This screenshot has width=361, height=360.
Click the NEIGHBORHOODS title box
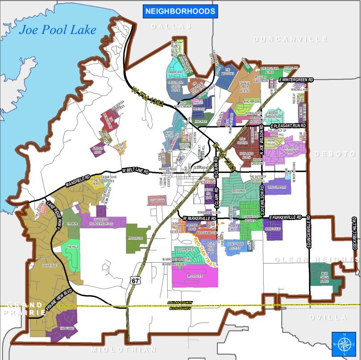(x=180, y=12)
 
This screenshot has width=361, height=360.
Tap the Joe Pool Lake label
(x=58, y=30)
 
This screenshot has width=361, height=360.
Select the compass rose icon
(x=344, y=344)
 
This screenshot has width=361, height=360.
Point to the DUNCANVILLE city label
(x=290, y=39)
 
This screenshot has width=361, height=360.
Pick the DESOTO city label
(x=335, y=154)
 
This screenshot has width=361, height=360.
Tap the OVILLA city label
(x=328, y=318)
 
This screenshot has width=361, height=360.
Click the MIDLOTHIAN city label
(x=124, y=350)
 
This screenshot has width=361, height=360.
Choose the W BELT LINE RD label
(x=135, y=171)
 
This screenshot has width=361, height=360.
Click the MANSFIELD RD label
(x=78, y=180)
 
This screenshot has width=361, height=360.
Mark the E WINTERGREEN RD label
(x=296, y=80)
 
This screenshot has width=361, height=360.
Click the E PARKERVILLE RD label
(x=286, y=218)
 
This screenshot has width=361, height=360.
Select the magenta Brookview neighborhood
(x=195, y=276)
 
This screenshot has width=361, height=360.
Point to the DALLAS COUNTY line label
(x=180, y=303)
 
